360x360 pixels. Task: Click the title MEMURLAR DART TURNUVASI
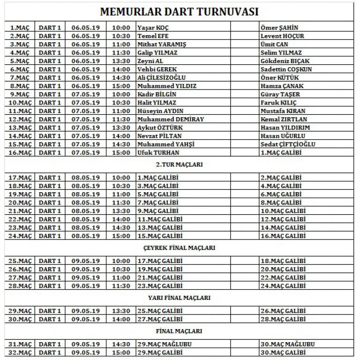tap(180, 11)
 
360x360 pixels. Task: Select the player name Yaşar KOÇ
tap(153, 28)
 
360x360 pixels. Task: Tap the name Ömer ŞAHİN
tap(279, 28)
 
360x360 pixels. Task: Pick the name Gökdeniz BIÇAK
tap(285, 61)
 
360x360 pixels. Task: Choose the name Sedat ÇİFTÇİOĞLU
tap(288, 144)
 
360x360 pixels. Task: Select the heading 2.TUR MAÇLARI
tap(180, 165)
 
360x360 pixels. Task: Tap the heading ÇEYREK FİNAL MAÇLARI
tap(180, 247)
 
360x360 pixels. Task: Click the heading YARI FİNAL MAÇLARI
tap(180, 298)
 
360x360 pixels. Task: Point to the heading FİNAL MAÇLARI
tap(180, 331)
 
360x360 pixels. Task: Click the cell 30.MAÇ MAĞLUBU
tap(287, 344)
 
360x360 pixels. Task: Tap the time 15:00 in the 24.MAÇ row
tap(121, 236)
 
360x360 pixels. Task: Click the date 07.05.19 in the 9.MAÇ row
tap(86, 94)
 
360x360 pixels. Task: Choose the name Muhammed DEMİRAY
tap(171, 120)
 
